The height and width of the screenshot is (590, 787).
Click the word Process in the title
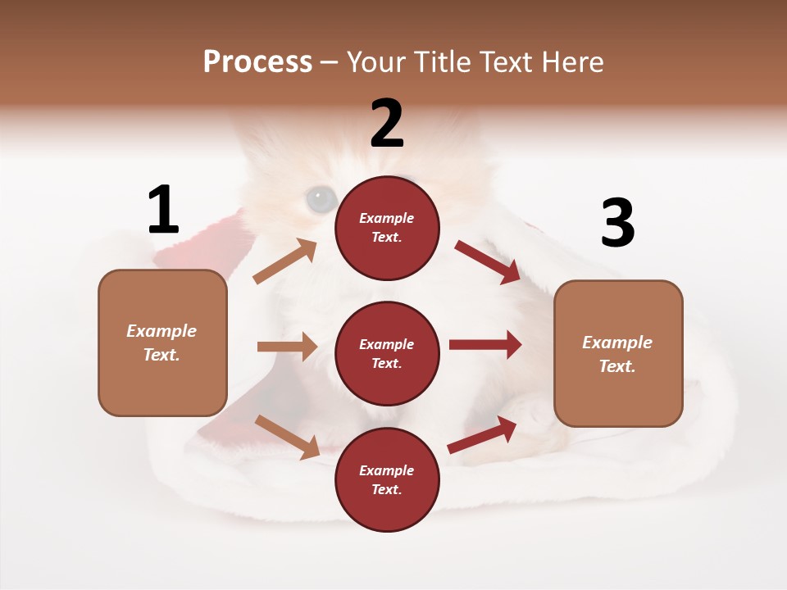[257, 62]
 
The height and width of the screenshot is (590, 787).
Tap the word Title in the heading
[444, 62]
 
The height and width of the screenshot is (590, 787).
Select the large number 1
[163, 211]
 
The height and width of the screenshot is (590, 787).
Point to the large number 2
[387, 124]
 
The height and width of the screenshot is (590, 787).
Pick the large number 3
[617, 224]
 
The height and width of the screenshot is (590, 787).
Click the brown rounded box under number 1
[162, 343]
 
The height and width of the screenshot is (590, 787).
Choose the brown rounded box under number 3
[618, 353]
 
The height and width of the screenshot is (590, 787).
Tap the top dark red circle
[387, 228]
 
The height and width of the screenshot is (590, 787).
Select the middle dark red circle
[387, 353]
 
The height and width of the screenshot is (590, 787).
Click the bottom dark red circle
[387, 479]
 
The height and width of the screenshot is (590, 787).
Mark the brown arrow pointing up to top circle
[285, 261]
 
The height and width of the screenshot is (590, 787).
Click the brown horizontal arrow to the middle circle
[287, 347]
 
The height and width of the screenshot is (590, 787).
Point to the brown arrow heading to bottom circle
[287, 437]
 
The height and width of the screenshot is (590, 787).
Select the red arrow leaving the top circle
[487, 261]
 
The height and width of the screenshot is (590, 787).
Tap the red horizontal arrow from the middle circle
[485, 345]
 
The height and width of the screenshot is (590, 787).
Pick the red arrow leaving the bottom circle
[482, 435]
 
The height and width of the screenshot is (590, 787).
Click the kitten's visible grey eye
[321, 198]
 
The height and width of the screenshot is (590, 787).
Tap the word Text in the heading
[508, 62]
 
